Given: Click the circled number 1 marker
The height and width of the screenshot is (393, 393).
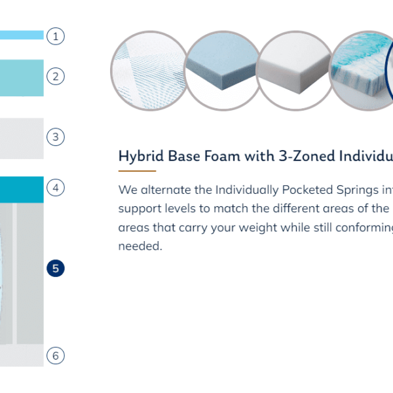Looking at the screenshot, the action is (56, 36).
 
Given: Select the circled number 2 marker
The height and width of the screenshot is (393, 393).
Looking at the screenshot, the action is (56, 77).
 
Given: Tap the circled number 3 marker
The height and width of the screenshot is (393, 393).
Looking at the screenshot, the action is (56, 137).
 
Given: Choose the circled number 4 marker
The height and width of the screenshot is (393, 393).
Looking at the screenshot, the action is (56, 187).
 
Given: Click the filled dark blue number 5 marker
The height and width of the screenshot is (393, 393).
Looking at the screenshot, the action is (56, 268).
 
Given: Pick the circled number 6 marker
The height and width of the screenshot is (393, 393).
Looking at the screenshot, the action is (56, 356).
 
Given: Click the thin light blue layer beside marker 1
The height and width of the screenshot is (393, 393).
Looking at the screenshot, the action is (22, 35).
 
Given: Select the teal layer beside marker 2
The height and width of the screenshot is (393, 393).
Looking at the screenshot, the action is (22, 78).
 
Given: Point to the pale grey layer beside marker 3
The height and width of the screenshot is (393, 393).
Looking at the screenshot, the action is (22, 138).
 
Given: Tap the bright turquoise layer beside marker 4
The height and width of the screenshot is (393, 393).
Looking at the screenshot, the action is (22, 189).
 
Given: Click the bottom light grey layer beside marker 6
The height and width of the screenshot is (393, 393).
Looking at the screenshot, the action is (22, 356).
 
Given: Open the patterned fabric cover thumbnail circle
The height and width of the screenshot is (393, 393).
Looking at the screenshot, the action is (149, 71).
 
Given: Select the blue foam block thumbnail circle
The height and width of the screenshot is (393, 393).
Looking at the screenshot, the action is (223, 71).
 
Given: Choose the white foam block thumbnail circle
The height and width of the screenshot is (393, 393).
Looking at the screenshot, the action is (295, 71).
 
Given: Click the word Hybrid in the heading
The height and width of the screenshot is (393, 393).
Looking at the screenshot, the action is (141, 156).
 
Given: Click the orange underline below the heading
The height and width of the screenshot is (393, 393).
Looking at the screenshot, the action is (137, 171).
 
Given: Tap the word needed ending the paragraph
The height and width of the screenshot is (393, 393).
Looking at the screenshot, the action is (140, 246).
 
